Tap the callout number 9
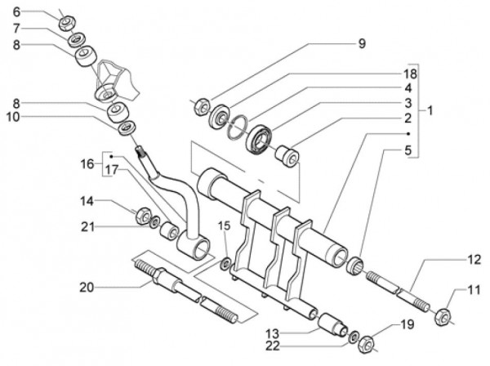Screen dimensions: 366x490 [x=362, y=42]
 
